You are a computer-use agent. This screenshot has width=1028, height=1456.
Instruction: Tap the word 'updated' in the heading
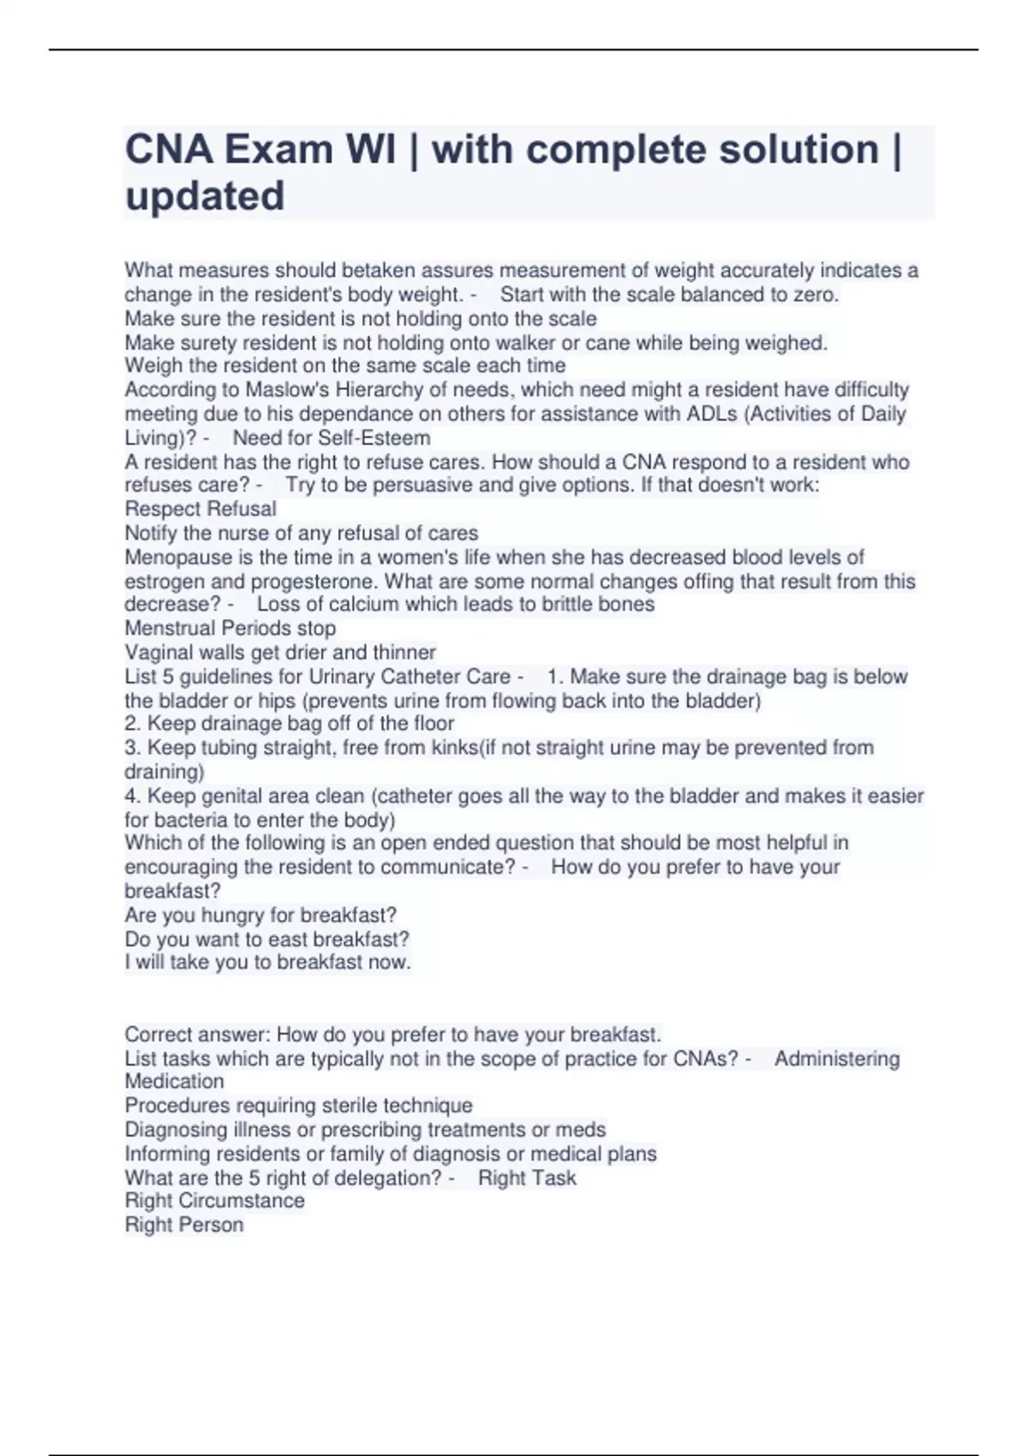click(x=205, y=196)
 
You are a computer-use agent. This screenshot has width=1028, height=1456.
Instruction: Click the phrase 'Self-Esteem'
click(x=374, y=438)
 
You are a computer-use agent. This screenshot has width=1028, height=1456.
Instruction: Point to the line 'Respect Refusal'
click(x=200, y=509)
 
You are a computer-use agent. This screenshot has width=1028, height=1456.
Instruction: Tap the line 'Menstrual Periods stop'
click(x=230, y=628)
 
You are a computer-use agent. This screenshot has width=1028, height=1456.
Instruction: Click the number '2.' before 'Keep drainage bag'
click(x=133, y=724)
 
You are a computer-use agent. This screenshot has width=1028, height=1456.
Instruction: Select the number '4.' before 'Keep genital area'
click(x=133, y=796)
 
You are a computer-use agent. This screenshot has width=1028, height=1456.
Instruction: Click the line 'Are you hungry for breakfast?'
click(x=260, y=915)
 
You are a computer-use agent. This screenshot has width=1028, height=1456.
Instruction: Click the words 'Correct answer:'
click(x=197, y=1035)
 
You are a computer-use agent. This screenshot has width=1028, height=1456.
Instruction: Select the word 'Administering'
click(x=837, y=1059)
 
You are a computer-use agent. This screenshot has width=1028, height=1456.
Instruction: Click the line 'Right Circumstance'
click(x=215, y=1201)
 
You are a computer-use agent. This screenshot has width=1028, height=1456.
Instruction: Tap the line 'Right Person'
click(x=184, y=1225)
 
